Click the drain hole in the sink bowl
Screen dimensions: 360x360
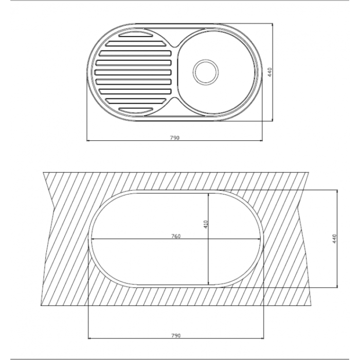pos(206,72)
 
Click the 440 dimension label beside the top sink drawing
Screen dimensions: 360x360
pos(269,72)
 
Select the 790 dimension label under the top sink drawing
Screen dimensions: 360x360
pos(174,138)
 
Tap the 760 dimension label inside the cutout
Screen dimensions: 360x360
pos(176,236)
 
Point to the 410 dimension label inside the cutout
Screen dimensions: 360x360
pos(206,224)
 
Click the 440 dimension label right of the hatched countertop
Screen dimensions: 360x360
pos(334,239)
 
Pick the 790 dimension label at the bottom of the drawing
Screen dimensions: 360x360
pos(176,335)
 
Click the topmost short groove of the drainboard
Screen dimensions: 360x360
pos(136,34)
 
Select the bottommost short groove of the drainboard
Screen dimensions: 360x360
pos(136,110)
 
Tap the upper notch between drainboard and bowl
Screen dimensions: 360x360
pos(175,46)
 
